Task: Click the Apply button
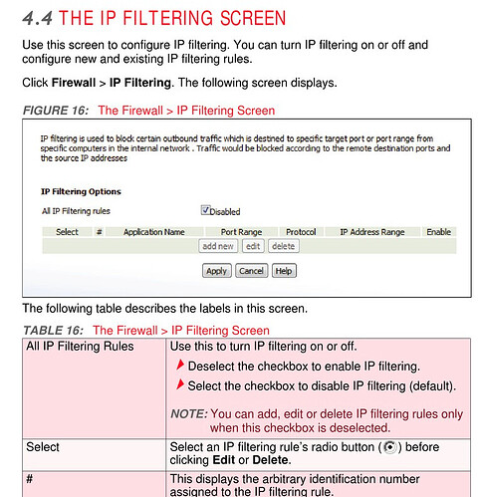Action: point(216,271)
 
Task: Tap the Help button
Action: point(284,271)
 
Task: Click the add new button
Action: point(218,246)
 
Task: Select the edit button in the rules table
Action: point(253,246)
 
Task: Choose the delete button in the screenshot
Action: point(284,246)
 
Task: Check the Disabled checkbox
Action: point(205,210)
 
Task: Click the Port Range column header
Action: point(241,232)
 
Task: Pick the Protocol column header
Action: point(301,232)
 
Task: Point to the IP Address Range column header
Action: point(372,232)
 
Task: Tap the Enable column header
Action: point(438,232)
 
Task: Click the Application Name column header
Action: point(154,232)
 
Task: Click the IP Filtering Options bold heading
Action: point(81,191)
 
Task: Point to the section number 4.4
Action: point(37,18)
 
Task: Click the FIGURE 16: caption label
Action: point(56,111)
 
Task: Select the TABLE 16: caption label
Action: point(53,331)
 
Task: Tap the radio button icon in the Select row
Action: point(390,447)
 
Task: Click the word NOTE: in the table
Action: point(189,414)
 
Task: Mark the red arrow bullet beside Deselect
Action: point(180,365)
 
